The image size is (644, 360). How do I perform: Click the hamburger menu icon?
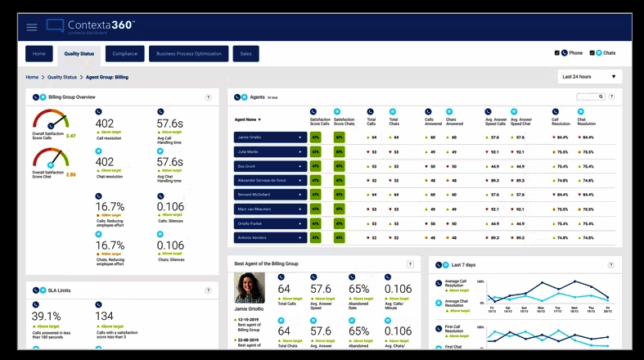point(32,27)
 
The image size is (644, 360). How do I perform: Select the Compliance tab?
point(125,54)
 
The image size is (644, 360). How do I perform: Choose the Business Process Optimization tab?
point(189,54)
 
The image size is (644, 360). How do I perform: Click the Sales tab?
point(245,54)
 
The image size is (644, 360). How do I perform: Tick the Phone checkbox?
point(557,53)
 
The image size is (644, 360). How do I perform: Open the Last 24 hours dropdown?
point(589,77)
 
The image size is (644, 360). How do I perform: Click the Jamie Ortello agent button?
point(270,137)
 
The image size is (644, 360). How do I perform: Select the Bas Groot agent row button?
point(270,165)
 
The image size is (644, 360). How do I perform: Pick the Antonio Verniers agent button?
point(270,237)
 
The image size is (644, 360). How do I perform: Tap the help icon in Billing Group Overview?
point(209,97)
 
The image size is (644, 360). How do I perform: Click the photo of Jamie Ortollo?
point(250,288)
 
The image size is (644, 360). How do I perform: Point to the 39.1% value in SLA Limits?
point(47,316)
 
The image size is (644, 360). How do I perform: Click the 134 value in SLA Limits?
point(104,316)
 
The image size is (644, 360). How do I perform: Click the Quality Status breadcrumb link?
point(62,77)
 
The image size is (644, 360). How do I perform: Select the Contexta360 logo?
point(90,26)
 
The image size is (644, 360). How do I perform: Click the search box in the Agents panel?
point(589,97)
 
